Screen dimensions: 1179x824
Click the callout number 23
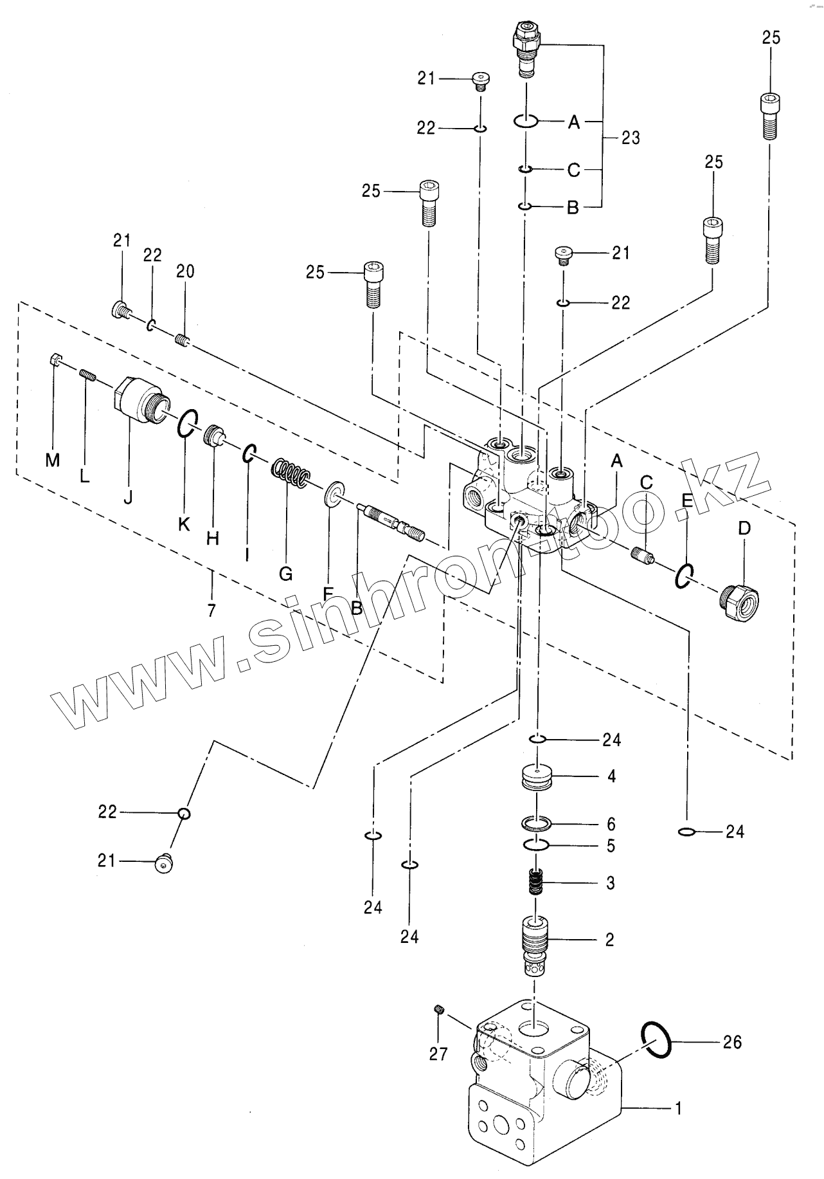[631, 138]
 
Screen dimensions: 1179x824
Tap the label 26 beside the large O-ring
[733, 1042]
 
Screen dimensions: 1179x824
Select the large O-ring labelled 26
[657, 1039]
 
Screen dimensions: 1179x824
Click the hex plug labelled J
[139, 401]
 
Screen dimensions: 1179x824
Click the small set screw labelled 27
[440, 1010]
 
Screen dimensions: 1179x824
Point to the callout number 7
[211, 608]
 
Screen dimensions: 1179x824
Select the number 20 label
[185, 271]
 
